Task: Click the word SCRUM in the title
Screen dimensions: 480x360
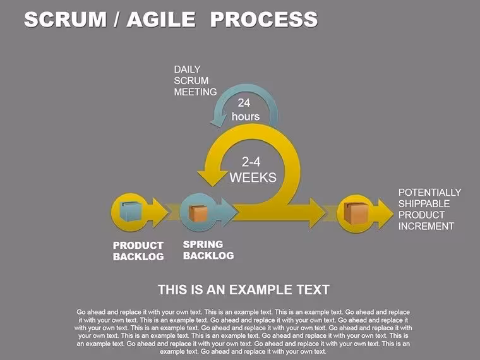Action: tap(65, 20)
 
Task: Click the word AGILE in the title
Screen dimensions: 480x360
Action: tap(161, 20)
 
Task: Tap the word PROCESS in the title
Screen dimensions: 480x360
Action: tap(264, 20)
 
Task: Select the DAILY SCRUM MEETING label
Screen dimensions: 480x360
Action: tap(195, 80)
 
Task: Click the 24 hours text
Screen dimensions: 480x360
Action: tap(246, 110)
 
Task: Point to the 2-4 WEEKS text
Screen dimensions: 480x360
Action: tap(253, 170)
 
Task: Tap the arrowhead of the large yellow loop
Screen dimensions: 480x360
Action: tap(210, 177)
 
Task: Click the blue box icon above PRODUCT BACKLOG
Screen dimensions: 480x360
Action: tap(131, 211)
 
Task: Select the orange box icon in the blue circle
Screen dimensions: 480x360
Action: tap(198, 213)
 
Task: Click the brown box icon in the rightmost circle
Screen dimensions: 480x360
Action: tap(356, 213)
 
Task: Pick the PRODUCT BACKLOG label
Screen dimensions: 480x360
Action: tap(138, 251)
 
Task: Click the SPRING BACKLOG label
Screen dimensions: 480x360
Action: tap(208, 250)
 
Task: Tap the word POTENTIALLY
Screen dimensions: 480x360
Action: tap(430, 192)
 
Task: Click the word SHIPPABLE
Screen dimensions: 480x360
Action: tap(424, 203)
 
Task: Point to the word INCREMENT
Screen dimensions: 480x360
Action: tap(426, 226)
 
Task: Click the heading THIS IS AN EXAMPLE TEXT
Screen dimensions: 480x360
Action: tap(244, 290)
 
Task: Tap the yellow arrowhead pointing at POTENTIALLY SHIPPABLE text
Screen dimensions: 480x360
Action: tap(386, 213)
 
